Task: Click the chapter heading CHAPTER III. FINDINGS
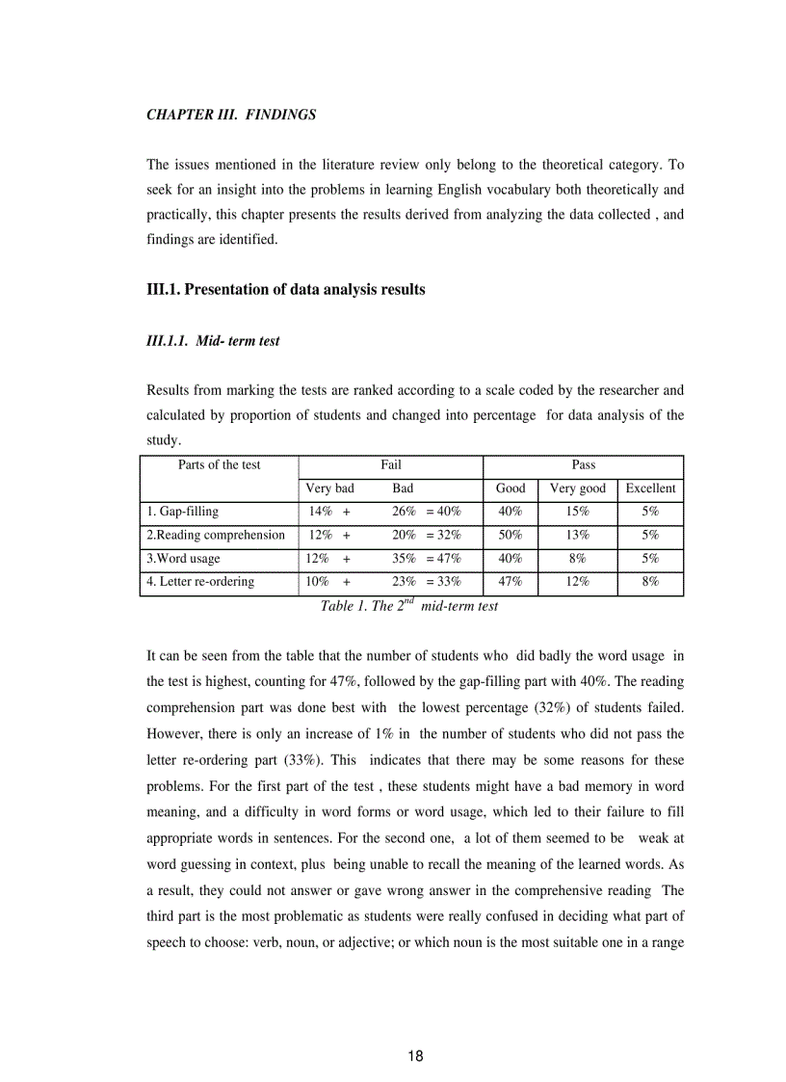pyautogui.click(x=231, y=115)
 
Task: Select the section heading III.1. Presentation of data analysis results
pyautogui.click(x=285, y=289)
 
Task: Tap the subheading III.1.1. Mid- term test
pyautogui.click(x=213, y=341)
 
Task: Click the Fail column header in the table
pyautogui.click(x=390, y=465)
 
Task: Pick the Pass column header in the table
pyautogui.click(x=583, y=465)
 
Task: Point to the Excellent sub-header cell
pyautogui.click(x=650, y=488)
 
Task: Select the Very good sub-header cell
pyautogui.click(x=577, y=488)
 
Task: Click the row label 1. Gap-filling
pyautogui.click(x=183, y=512)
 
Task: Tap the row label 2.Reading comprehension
pyautogui.click(x=216, y=535)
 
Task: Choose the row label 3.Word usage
pyautogui.click(x=183, y=558)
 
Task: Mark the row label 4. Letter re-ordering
pyautogui.click(x=200, y=581)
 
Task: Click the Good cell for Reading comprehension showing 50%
pyautogui.click(x=510, y=535)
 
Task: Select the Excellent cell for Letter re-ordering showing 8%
pyautogui.click(x=650, y=581)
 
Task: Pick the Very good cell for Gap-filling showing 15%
pyautogui.click(x=577, y=512)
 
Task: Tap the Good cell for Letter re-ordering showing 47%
pyautogui.click(x=510, y=581)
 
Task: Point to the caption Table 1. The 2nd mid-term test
pyautogui.click(x=408, y=606)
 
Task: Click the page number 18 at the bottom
pyautogui.click(x=415, y=1056)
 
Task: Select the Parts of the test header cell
pyautogui.click(x=219, y=465)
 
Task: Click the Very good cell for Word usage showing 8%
pyautogui.click(x=577, y=558)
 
